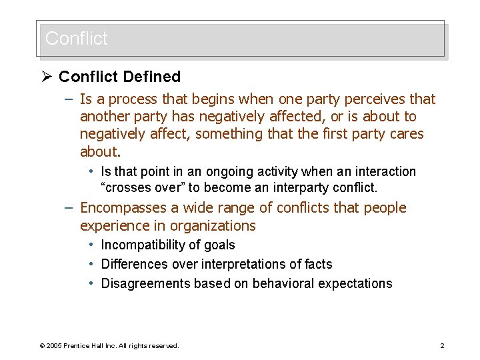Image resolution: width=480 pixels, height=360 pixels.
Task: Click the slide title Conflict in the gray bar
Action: (76, 39)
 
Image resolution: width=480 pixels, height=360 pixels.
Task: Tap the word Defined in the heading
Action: (151, 77)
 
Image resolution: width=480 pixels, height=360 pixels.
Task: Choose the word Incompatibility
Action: (141, 245)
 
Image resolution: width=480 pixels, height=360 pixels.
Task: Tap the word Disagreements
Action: (145, 283)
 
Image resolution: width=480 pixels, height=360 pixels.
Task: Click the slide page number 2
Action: (442, 346)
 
